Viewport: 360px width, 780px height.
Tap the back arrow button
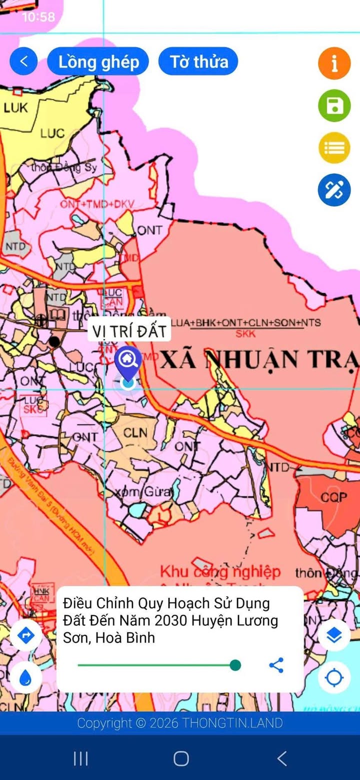coord(23,62)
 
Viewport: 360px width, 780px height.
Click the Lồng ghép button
coord(98,62)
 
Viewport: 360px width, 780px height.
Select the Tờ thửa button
coord(198,62)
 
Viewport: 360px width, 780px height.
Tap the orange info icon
coord(334,64)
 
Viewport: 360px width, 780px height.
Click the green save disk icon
coord(334,106)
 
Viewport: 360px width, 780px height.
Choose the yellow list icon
coord(334,148)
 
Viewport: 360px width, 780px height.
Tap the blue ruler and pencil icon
coord(334,190)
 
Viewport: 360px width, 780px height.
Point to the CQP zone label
coord(333,498)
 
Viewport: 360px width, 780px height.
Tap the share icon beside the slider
coord(276,665)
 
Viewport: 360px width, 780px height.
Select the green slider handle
coord(235,665)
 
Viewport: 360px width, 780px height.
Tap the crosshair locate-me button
coord(334,678)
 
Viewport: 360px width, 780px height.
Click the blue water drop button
coord(25,678)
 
